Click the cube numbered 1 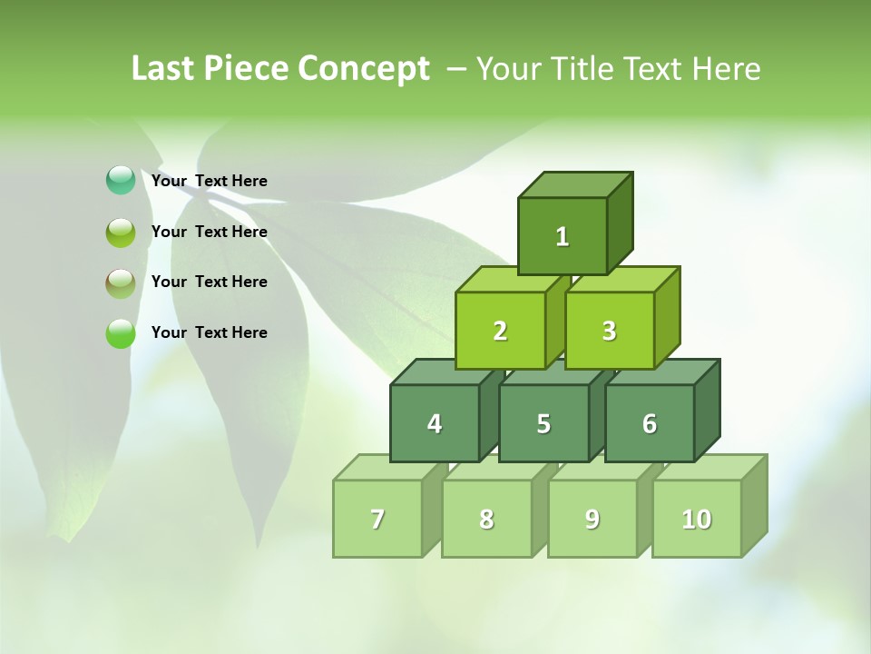coord(563,236)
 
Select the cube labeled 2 coord(500,331)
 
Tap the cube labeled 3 coord(609,331)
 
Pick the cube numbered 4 coord(435,423)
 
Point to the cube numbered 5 coord(543,423)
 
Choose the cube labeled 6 coord(650,423)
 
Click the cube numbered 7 coord(377,519)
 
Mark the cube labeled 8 coord(486,519)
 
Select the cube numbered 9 coord(592,519)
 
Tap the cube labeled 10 coord(696,519)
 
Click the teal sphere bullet coord(121,181)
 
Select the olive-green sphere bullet coord(121,233)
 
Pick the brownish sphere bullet coord(121,283)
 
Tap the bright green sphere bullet coord(121,334)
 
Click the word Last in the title coord(164,68)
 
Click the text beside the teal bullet coord(210,181)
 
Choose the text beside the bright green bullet coord(210,332)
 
